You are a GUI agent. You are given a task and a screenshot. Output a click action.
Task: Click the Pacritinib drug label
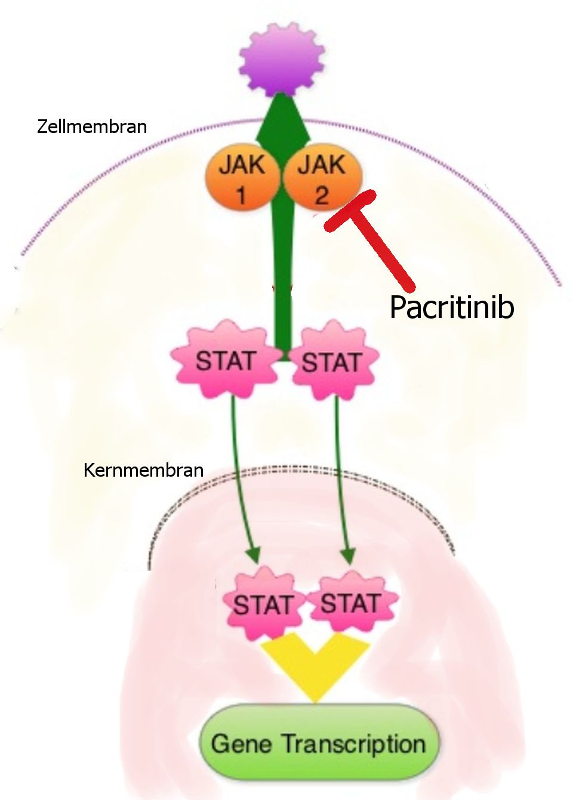[x=451, y=307]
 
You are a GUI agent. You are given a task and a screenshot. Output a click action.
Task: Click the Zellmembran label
[x=92, y=126]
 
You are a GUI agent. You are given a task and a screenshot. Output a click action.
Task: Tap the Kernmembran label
[x=143, y=470]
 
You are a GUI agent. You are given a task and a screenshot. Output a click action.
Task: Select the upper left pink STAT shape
[x=226, y=360]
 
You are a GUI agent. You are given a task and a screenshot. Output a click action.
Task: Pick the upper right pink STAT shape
[x=331, y=362]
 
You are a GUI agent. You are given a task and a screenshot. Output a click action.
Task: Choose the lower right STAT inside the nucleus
[x=350, y=603]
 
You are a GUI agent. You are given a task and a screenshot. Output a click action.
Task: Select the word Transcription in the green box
[x=353, y=744]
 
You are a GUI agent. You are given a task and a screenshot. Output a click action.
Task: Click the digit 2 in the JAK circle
[x=322, y=194]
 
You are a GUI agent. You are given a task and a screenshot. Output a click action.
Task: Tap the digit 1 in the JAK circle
[x=242, y=194]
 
